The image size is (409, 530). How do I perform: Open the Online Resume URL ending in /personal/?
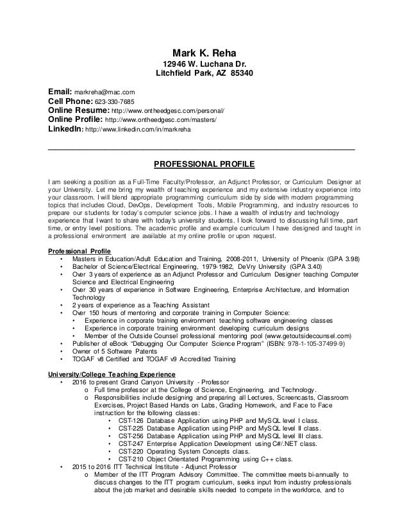(169, 110)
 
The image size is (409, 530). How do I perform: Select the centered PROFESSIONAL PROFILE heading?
(204, 162)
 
